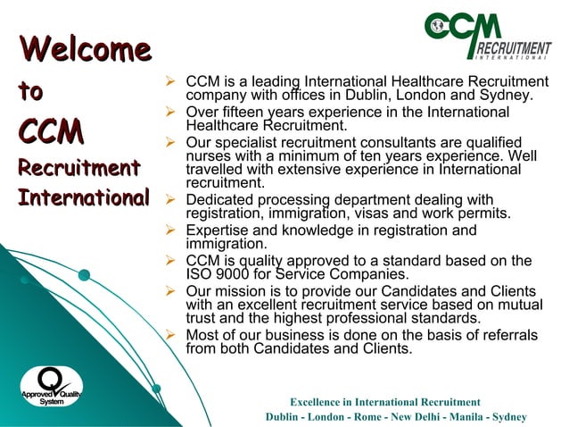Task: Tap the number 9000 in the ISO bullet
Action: point(233,275)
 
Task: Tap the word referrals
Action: point(506,335)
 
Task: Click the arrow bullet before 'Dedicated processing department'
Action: point(174,199)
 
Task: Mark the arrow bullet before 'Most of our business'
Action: point(174,335)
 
